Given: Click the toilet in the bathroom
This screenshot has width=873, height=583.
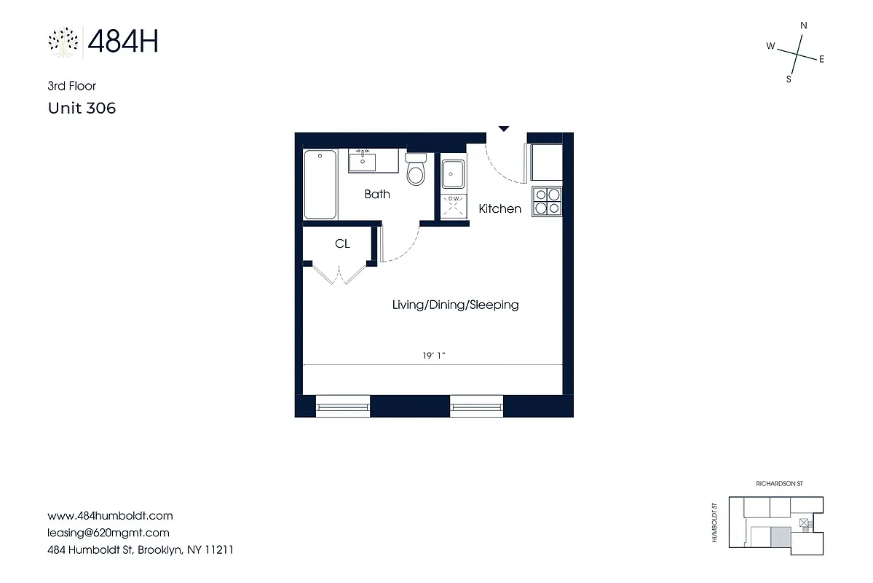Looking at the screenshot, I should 416,171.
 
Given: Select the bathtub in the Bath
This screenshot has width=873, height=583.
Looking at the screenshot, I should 320,184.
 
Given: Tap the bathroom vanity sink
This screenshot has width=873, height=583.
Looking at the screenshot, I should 362,160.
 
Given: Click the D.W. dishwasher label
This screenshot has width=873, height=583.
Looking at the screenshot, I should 454,199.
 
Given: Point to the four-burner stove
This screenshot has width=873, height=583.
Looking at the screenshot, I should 548,201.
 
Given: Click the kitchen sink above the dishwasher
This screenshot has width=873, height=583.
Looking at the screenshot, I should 454,173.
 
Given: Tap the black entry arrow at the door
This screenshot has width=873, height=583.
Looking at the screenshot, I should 503,129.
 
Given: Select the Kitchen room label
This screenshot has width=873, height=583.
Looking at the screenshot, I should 499,209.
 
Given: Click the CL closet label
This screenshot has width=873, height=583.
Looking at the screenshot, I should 342,244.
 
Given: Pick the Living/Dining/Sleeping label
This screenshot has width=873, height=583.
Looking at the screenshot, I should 455,305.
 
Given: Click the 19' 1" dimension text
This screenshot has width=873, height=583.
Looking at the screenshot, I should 434,356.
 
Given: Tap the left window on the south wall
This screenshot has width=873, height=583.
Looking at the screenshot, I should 342,405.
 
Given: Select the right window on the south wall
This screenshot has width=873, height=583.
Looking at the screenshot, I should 476,405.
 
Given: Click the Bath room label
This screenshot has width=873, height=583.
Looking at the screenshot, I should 377,194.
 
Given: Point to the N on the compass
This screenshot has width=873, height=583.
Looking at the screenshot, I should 804,26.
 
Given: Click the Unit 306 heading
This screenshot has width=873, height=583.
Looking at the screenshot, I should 82,109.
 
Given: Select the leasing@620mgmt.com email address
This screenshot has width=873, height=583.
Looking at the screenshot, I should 108,533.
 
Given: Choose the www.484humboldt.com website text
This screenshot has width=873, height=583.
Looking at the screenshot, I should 110,515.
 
